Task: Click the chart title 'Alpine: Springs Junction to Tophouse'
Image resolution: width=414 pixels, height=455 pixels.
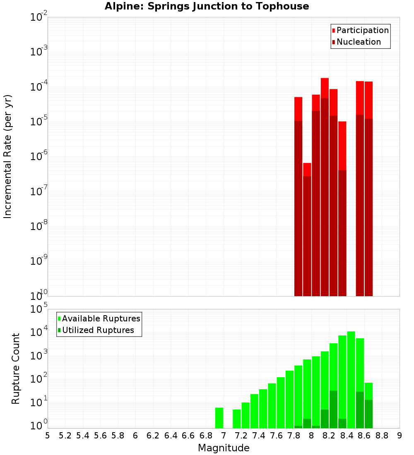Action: coord(207,6)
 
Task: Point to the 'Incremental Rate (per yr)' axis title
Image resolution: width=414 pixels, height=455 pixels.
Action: coord(8,156)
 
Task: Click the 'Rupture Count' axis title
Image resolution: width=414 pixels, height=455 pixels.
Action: coord(16,369)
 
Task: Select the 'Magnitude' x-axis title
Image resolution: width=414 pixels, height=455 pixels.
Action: coord(224,448)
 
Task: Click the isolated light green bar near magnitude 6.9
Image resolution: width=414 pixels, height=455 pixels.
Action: coord(219,418)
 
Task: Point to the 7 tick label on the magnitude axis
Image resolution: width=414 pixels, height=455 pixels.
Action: coord(224,435)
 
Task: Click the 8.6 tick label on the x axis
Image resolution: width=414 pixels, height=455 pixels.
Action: coord(364,435)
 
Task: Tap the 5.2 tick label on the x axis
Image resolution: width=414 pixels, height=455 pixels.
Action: coord(65,435)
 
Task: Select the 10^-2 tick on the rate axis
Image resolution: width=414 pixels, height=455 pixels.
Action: coord(39,18)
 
